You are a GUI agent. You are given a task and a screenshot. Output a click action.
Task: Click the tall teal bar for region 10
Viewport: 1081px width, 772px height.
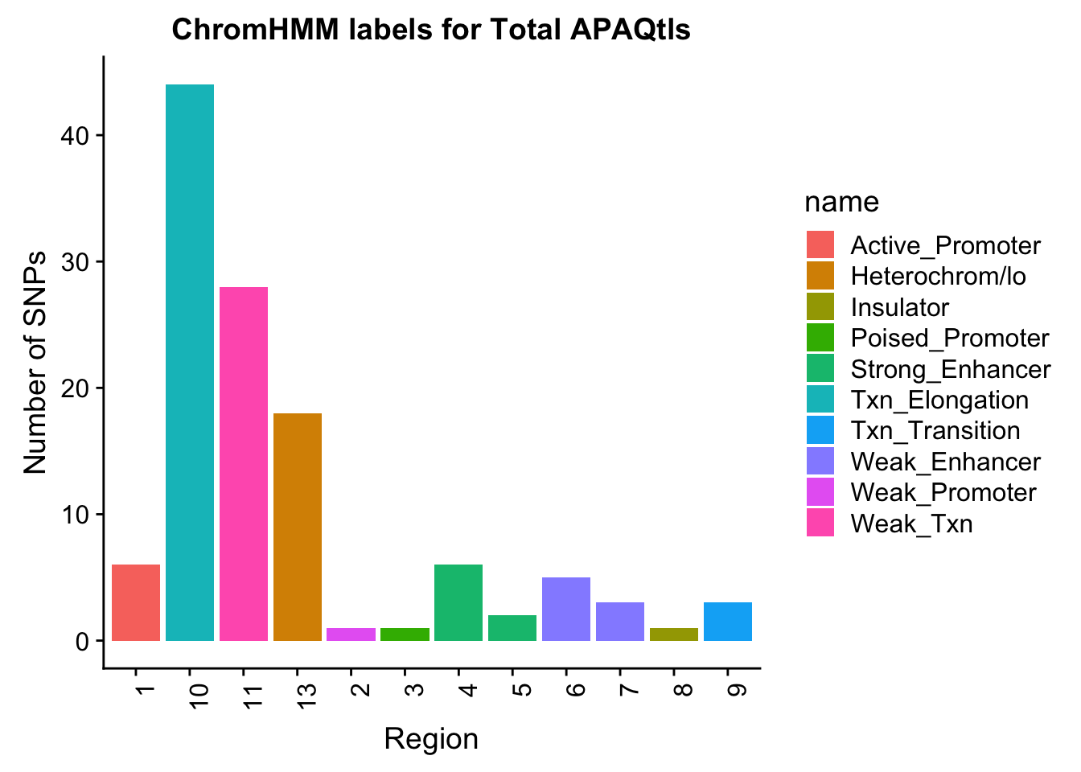click(x=190, y=363)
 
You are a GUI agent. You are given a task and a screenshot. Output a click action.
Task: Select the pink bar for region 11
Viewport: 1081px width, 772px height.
click(x=243, y=464)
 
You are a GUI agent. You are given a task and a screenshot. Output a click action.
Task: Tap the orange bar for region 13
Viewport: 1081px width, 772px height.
click(x=298, y=527)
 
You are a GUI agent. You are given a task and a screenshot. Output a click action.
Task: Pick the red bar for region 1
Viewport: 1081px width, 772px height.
click(x=136, y=602)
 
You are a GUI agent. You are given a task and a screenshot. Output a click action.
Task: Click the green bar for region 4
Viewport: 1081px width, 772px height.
click(x=458, y=602)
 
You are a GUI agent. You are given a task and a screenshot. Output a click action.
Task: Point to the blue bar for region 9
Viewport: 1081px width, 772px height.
click(x=728, y=622)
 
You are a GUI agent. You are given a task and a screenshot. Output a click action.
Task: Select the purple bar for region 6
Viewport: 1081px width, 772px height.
click(x=566, y=609)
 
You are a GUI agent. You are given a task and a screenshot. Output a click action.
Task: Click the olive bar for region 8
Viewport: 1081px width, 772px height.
click(x=674, y=634)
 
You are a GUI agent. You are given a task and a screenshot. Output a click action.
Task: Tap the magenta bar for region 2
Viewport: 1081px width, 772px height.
click(x=351, y=634)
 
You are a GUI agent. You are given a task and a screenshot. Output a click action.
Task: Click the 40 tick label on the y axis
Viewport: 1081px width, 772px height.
click(x=75, y=136)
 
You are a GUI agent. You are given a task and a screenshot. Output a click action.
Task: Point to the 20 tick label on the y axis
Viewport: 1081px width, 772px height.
click(x=75, y=388)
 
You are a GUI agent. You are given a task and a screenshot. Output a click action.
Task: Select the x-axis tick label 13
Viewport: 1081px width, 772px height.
click(x=306, y=696)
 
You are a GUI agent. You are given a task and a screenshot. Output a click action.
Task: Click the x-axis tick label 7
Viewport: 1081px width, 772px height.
click(x=628, y=691)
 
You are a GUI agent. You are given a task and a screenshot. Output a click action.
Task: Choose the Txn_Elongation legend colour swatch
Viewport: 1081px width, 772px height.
click(x=820, y=399)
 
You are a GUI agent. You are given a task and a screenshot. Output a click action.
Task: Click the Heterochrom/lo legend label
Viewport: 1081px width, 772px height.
click(x=938, y=277)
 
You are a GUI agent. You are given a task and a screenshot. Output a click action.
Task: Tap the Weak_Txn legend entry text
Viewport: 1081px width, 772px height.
click(x=911, y=524)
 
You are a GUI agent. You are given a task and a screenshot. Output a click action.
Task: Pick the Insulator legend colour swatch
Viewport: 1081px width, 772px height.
click(x=820, y=306)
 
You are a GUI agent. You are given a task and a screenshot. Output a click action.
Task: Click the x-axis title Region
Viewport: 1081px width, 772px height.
click(x=431, y=739)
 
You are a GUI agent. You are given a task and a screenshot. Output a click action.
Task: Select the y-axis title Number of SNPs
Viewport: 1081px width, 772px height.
click(x=35, y=363)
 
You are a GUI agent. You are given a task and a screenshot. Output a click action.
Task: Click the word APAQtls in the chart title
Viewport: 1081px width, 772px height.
click(x=630, y=30)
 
